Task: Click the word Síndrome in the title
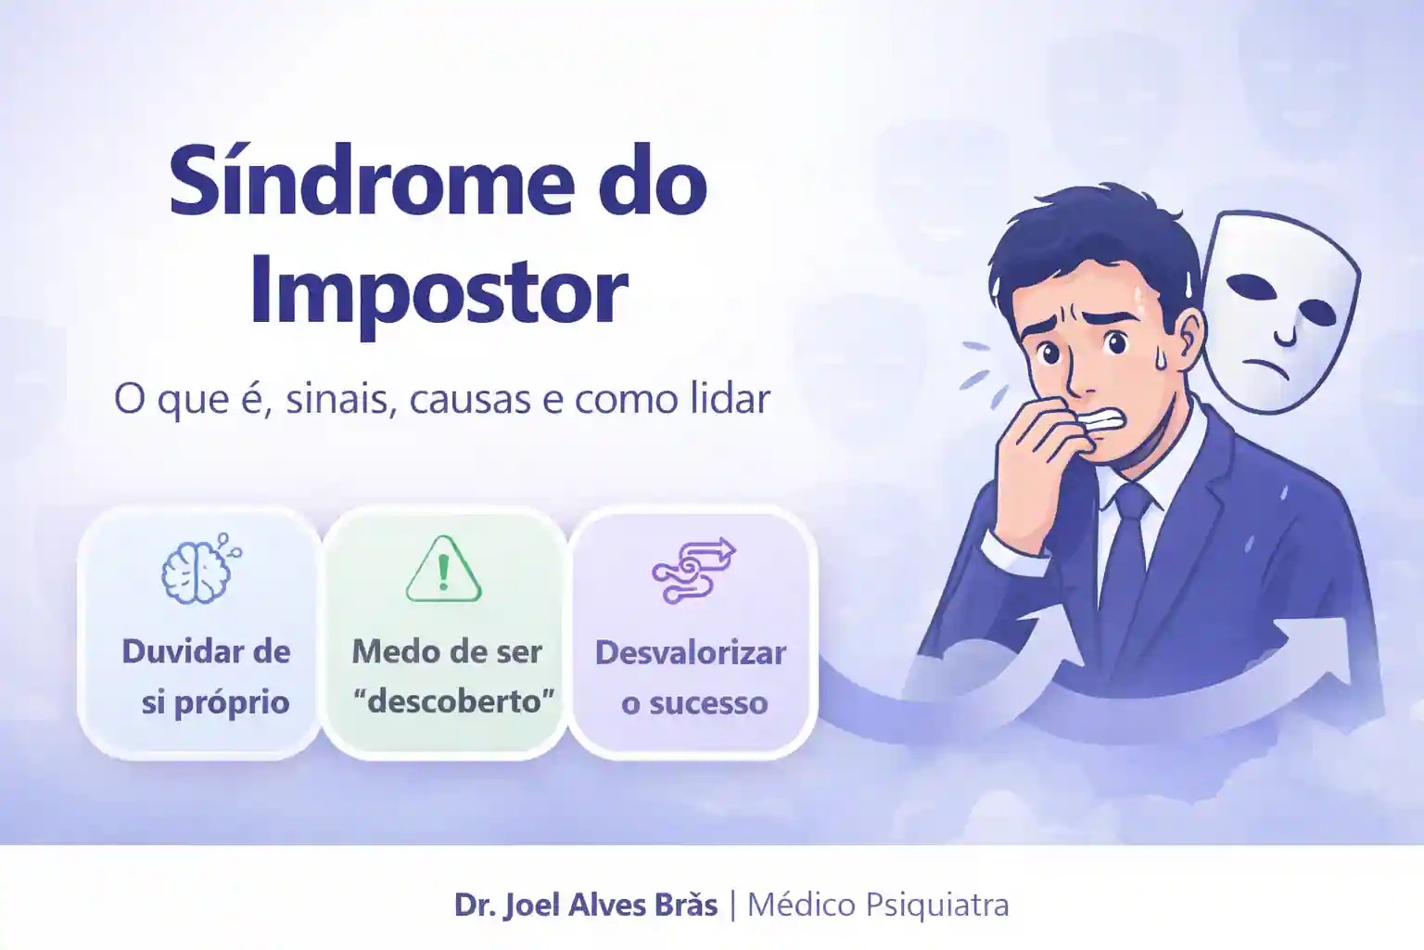pos(372,181)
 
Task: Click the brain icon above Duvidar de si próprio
pos(201,568)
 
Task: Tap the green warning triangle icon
pos(444,569)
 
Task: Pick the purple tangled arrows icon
pos(693,571)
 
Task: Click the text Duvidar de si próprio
pos(207,677)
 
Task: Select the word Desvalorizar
pos(691,653)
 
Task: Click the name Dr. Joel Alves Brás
pos(586,905)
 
